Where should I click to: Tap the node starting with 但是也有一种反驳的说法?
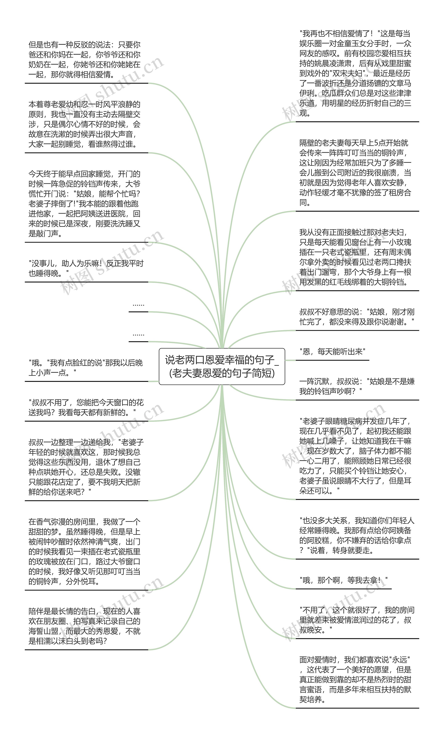pyautogui.click(x=84, y=59)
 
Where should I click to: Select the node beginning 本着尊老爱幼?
pyautogui.click(x=84, y=124)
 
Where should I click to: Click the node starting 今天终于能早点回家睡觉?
pyautogui.click(x=84, y=204)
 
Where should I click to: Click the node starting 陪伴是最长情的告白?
pyautogui.click(x=84, y=626)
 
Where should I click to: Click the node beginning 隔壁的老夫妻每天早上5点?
pyautogui.click(x=355, y=173)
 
